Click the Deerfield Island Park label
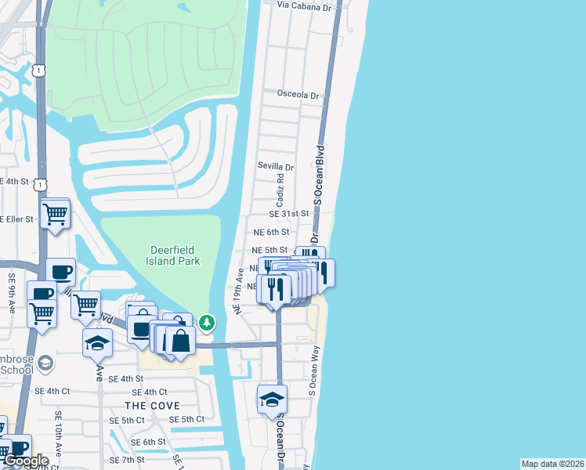tap(175, 255)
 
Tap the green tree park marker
tap(207, 322)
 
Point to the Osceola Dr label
tap(298, 95)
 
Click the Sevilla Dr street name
tap(276, 167)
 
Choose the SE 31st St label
tap(289, 213)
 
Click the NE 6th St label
tap(271, 232)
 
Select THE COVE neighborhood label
tap(152, 406)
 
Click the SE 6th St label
tap(149, 442)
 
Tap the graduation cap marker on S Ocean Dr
tap(272, 399)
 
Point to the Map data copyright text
tap(552, 464)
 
